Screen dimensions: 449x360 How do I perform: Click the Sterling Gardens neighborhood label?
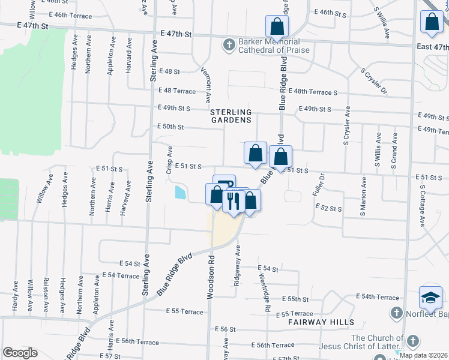[x=231, y=116]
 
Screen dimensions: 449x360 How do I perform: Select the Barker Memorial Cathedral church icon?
[x=229, y=45]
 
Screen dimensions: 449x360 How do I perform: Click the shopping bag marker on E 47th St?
[x=277, y=27]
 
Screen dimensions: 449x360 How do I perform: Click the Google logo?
[x=20, y=353]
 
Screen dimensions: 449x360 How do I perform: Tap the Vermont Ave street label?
[x=206, y=83]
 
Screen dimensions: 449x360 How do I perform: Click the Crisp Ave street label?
[x=170, y=160]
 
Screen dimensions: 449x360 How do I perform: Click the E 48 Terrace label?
[x=176, y=91]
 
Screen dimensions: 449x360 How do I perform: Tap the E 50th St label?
[x=170, y=127]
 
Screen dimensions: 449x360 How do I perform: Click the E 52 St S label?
[x=328, y=208]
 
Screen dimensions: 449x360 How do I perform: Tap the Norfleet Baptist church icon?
[x=396, y=313]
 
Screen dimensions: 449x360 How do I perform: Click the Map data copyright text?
[x=423, y=355]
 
